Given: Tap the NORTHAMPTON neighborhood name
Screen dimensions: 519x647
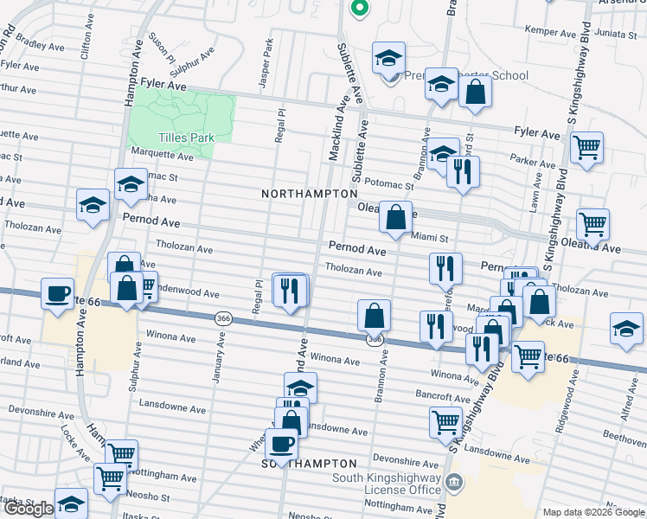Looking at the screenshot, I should pyautogui.click(x=310, y=195).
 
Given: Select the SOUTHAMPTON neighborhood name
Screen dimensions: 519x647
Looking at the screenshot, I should pyautogui.click(x=310, y=465).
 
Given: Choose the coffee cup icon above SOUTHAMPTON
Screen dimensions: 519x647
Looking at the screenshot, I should pyautogui.click(x=281, y=445).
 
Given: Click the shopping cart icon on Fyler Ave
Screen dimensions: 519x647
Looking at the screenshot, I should pyautogui.click(x=586, y=148).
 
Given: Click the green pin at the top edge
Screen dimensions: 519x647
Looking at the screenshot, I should pyautogui.click(x=359, y=8).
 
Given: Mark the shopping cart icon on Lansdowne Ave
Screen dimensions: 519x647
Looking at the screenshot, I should pyautogui.click(x=445, y=422).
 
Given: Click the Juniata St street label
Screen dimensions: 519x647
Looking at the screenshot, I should pyautogui.click(x=617, y=34).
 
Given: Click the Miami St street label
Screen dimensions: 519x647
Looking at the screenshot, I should pyautogui.click(x=429, y=237).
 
